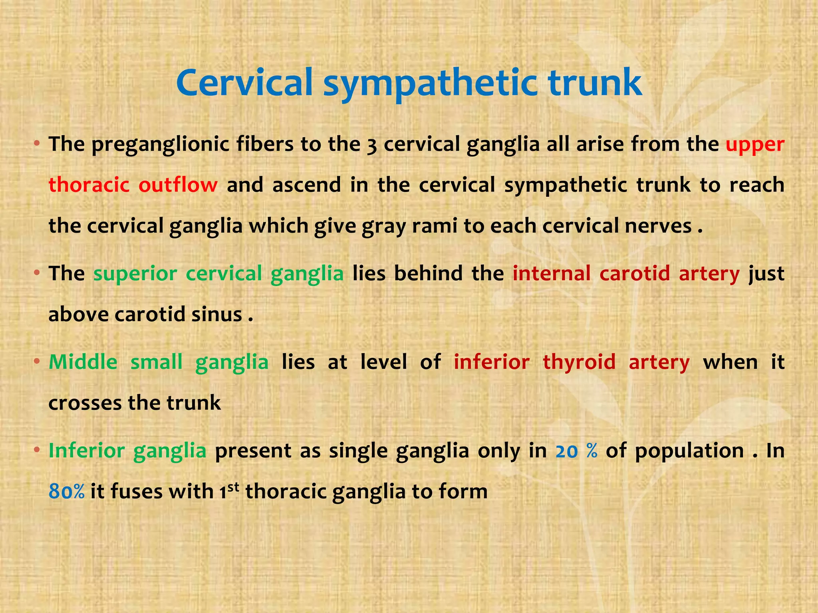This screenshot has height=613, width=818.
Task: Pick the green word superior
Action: tap(135, 274)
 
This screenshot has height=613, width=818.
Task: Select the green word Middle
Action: tap(83, 362)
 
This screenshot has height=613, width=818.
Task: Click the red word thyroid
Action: tap(579, 362)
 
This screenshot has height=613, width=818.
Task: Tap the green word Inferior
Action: tap(87, 451)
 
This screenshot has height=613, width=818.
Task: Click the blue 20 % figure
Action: tap(576, 451)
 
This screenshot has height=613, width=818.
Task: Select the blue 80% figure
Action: tap(66, 492)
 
